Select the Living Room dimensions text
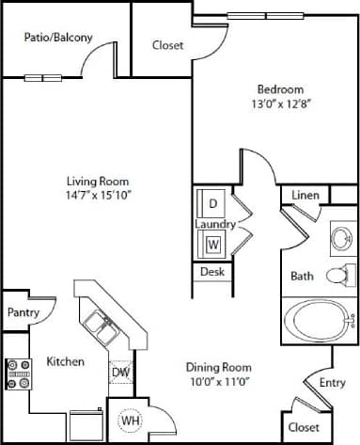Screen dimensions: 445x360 [97, 196]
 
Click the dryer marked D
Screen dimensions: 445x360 [212, 203]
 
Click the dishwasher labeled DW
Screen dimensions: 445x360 [120, 372]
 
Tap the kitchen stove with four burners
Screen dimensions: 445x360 [19, 374]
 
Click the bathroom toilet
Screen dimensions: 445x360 [339, 276]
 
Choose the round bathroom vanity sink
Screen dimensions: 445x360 [338, 236]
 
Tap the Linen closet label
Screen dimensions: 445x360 [305, 195]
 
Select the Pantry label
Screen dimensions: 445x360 [22, 312]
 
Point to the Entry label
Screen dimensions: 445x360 [332, 382]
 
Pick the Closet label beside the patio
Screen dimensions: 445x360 [167, 44]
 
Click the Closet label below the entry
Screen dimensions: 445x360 [304, 426]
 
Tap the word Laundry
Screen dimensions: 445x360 [214, 224]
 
